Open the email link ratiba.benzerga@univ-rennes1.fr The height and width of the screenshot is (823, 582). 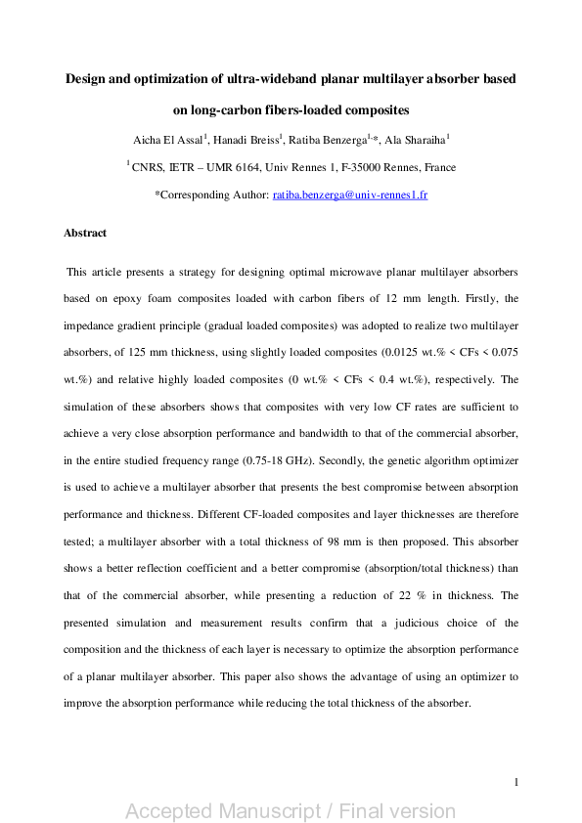pyautogui.click(x=349, y=195)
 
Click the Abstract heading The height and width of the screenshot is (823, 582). pyautogui.click(x=85, y=234)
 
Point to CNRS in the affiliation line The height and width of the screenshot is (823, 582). pyautogui.click(x=149, y=167)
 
